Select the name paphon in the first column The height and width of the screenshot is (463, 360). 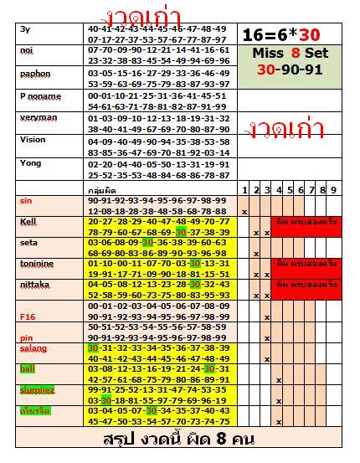(x=35, y=74)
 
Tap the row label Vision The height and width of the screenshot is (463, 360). (x=33, y=140)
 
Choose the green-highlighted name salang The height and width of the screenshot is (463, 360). (x=33, y=347)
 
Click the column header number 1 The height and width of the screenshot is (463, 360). (x=244, y=190)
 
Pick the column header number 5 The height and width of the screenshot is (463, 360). (x=289, y=190)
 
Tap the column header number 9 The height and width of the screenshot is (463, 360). (x=334, y=190)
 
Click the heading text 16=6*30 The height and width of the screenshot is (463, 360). (x=280, y=35)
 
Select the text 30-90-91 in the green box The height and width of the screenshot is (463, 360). (x=290, y=70)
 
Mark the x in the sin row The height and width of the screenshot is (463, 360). (x=244, y=212)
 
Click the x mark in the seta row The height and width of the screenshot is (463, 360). (x=255, y=253)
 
